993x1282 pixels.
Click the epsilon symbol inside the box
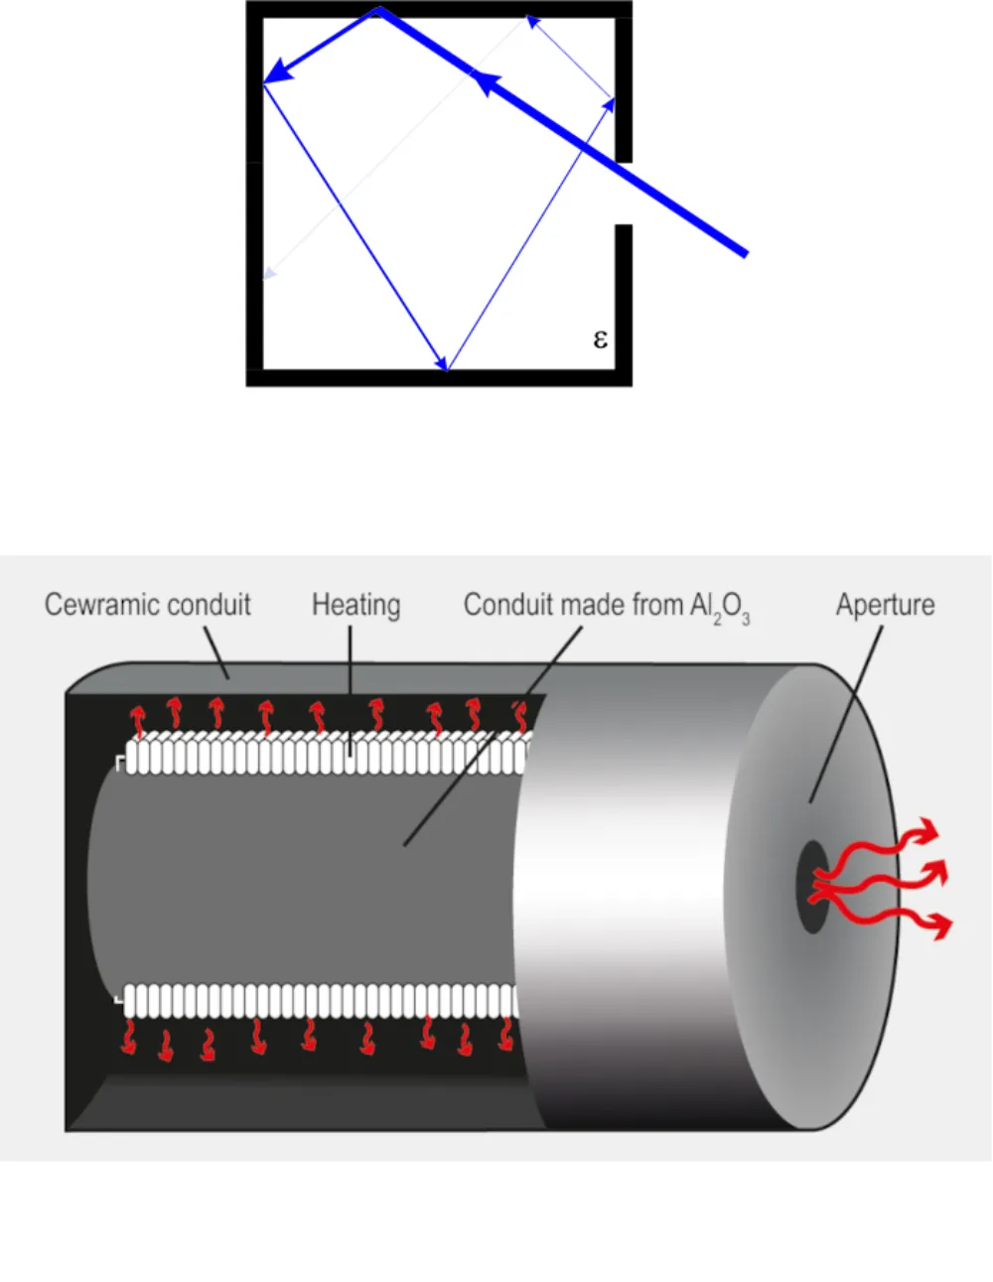tap(600, 340)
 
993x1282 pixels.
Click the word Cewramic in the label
tap(99, 605)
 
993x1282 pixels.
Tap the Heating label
tap(355, 605)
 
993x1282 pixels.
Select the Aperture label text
tap(885, 605)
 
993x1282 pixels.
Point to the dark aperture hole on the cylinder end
tap(811, 887)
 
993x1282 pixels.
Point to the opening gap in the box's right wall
tap(624, 194)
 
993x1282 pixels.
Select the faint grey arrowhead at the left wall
tap(268, 272)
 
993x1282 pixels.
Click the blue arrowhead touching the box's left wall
tap(276, 72)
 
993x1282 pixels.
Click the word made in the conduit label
tap(579, 605)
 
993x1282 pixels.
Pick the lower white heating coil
tap(318, 1000)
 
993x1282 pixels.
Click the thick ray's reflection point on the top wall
tap(378, 10)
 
